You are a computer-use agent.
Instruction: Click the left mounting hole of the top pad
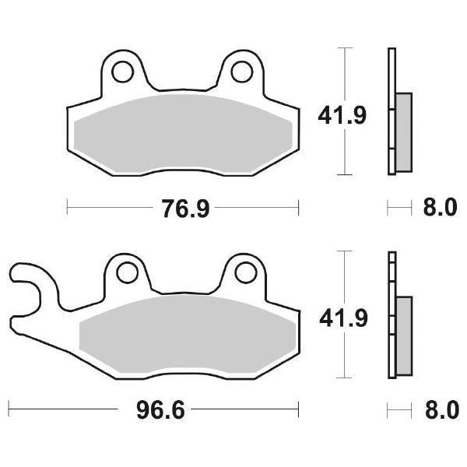121,72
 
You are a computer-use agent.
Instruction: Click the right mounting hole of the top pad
242,72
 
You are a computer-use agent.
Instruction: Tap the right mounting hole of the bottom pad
244,272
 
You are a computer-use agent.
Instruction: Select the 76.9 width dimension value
184,208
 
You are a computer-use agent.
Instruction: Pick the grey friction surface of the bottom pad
187,330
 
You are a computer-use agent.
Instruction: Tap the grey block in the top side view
403,132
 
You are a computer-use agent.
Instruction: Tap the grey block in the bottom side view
404,332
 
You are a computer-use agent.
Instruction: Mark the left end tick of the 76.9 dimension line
68,208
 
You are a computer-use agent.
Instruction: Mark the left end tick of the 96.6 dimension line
9,408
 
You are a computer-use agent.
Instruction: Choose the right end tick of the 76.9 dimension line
299,208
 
